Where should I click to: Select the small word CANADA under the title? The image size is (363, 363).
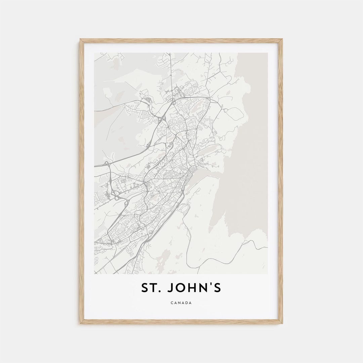[181, 303]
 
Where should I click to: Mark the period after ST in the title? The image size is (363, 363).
[161, 291]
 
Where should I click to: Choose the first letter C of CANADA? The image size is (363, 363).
[172, 303]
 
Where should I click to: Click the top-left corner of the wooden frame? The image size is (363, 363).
[80, 39]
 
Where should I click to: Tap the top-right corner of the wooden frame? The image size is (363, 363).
[282, 39]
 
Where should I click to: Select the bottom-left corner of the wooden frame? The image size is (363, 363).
[80, 323]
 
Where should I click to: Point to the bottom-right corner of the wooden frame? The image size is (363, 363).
[282, 323]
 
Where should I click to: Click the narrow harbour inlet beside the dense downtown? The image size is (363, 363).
[202, 175]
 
